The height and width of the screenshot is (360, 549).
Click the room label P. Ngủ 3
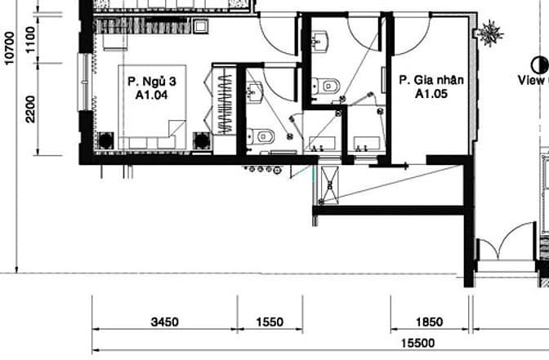(152, 82)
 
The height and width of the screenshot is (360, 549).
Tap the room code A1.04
(152, 95)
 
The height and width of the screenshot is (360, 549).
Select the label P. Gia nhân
(431, 80)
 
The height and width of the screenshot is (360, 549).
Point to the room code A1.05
(431, 94)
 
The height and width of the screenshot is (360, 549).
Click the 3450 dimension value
(164, 322)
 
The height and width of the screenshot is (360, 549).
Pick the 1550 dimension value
(270, 322)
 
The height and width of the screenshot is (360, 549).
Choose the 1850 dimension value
(429, 322)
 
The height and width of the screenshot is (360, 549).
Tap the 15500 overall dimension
(417, 343)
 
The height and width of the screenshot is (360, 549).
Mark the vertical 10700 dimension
(10, 48)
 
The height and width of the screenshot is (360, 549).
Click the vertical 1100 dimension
(30, 39)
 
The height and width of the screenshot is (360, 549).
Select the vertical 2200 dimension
(30, 109)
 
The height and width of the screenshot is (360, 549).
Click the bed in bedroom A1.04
(152, 107)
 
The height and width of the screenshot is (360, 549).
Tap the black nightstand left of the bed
(105, 140)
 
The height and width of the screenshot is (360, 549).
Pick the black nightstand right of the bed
(202, 140)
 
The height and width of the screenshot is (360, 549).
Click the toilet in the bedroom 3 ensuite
(261, 136)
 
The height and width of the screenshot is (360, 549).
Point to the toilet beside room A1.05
(326, 86)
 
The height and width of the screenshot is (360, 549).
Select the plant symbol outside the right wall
(490, 34)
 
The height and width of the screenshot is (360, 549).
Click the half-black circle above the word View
(539, 65)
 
